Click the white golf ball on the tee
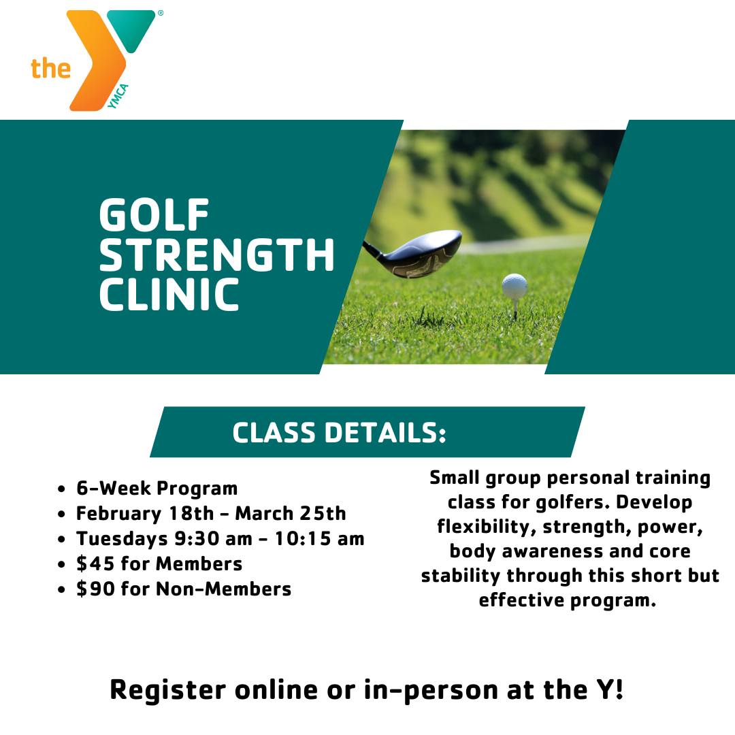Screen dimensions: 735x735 click(514, 287)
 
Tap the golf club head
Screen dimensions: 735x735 click(416, 254)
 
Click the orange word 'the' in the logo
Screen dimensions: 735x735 click(50, 69)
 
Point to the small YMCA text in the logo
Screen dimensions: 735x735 click(118, 96)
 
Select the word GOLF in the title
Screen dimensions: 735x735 click(154, 214)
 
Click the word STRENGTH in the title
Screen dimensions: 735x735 click(216, 254)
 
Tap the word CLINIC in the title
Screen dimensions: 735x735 click(169, 294)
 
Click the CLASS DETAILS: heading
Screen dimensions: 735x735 click(339, 432)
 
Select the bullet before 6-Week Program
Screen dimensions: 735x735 click(61, 489)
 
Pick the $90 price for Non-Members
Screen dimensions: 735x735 click(96, 589)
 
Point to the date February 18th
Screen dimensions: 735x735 click(145, 514)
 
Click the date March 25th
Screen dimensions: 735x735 click(291, 513)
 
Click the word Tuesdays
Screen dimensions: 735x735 click(122, 539)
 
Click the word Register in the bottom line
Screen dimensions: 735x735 click(168, 691)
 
